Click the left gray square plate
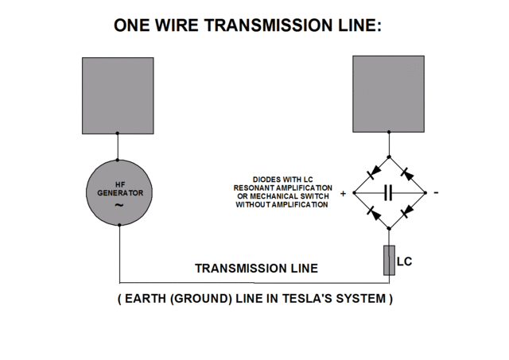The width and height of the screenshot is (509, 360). click(x=118, y=95)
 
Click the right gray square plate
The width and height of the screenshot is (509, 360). click(x=389, y=93)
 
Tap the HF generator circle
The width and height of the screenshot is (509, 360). click(x=119, y=192)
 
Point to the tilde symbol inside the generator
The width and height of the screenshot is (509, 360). click(x=119, y=206)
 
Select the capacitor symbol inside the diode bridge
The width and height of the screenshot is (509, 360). click(x=389, y=192)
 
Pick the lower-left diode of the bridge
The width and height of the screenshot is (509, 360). click(x=371, y=211)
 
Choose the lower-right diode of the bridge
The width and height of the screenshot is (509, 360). click(x=406, y=211)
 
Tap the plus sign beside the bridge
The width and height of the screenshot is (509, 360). click(x=344, y=193)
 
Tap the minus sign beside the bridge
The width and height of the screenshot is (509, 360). click(x=436, y=193)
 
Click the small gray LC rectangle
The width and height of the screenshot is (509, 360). click(x=389, y=261)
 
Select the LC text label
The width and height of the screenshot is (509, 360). click(x=406, y=260)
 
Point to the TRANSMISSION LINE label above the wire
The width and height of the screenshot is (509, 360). click(x=256, y=268)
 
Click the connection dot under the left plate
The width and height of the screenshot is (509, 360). click(x=118, y=134)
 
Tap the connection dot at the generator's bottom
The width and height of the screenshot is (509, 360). click(x=119, y=225)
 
